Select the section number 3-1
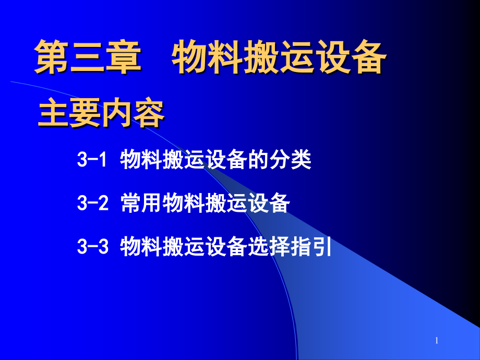(92, 160)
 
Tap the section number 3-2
(92, 203)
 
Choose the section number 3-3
(92, 246)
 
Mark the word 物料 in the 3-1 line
(141, 160)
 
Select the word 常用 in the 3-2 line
(141, 203)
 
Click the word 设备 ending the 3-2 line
(269, 203)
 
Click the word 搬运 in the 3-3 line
(184, 246)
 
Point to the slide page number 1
(437, 341)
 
